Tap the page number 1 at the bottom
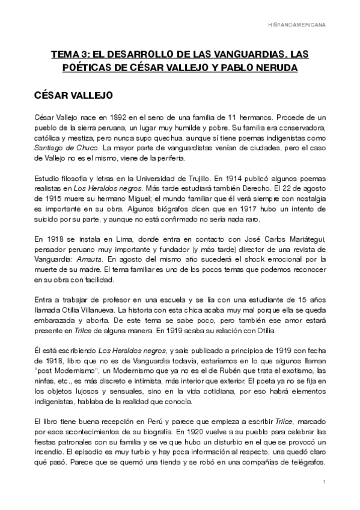point(323,482)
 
